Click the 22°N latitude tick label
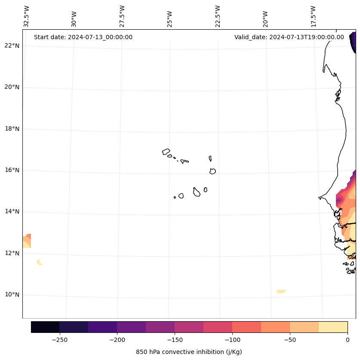[x=12, y=46]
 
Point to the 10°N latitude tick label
[x=12, y=295]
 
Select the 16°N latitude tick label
[x=12, y=170]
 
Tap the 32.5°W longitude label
[x=27, y=16]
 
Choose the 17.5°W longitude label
[x=314, y=16]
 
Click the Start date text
[x=83, y=37]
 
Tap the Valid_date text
[x=289, y=37]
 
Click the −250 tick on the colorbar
[x=59, y=339]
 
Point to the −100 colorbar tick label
[x=232, y=339]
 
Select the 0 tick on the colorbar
[x=348, y=339]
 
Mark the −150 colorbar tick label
[x=175, y=339]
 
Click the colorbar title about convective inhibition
[x=189, y=352]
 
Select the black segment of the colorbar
[x=45, y=327]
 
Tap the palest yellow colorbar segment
[x=333, y=327]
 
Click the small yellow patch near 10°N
[x=281, y=292]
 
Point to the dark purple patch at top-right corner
[x=353, y=42]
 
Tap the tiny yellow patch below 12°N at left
[x=39, y=262]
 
